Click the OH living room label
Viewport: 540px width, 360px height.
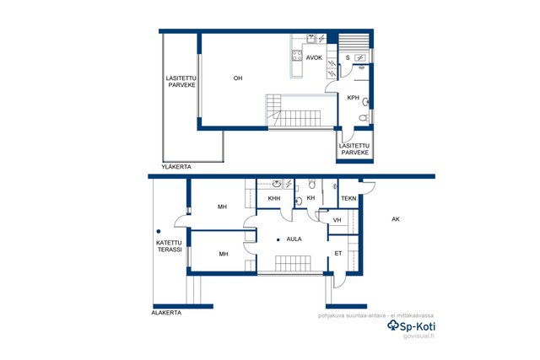click(238, 78)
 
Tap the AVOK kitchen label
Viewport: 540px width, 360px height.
click(314, 58)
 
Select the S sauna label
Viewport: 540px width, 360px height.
click(348, 58)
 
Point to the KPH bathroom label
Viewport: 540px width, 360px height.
click(353, 98)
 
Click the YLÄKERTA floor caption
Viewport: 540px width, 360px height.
click(176, 167)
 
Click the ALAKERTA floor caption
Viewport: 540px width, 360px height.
click(166, 313)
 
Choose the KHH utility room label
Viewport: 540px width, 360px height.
click(274, 198)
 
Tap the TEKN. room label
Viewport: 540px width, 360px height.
click(349, 199)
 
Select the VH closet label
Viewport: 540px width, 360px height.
click(337, 220)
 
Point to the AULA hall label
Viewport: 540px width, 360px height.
click(294, 239)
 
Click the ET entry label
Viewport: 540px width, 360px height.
click(338, 253)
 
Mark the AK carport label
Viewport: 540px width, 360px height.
click(396, 219)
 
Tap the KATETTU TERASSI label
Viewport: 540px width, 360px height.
click(170, 246)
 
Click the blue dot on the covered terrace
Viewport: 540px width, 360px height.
click(159, 232)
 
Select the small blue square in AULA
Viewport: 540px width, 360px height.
click(278, 239)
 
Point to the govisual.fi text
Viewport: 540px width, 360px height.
click(418, 336)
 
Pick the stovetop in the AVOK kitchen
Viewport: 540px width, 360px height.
click(297, 56)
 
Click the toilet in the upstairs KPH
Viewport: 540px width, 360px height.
click(364, 118)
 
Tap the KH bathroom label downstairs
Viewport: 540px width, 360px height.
click(310, 198)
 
